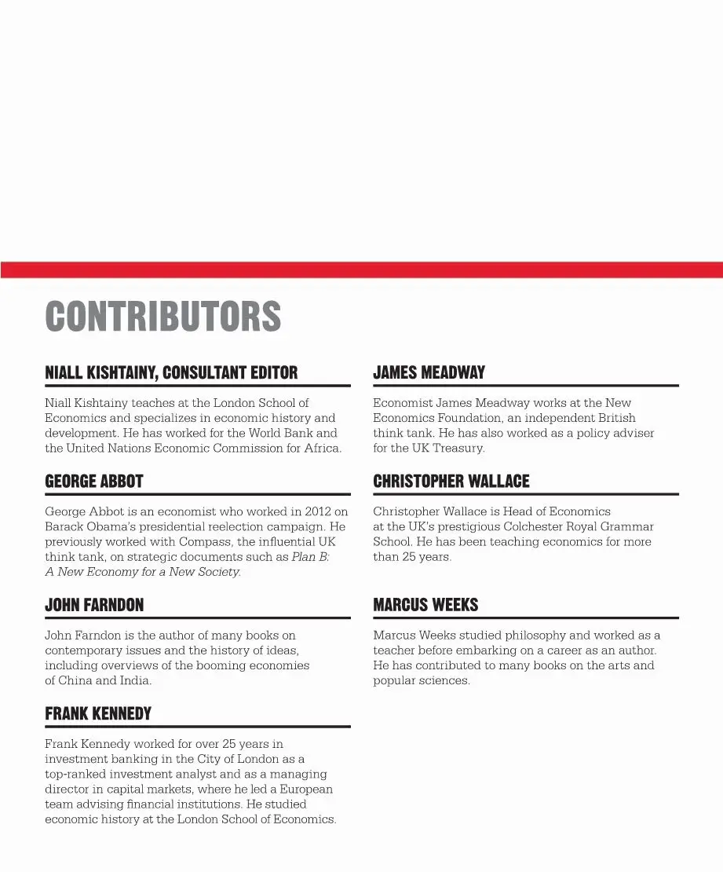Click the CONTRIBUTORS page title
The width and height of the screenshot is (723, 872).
click(162, 317)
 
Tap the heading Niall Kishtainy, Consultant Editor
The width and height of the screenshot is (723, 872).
click(171, 372)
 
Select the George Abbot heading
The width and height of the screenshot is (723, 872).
click(94, 481)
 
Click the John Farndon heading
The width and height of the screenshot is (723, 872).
click(94, 605)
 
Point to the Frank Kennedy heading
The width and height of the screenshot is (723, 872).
click(98, 713)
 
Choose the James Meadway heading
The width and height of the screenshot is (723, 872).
click(429, 372)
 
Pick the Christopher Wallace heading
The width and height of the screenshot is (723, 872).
click(451, 481)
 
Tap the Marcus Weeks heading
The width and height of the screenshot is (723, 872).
click(425, 605)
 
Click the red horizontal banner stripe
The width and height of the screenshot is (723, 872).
click(361, 269)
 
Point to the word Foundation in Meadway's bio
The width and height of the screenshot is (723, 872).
click(464, 418)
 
